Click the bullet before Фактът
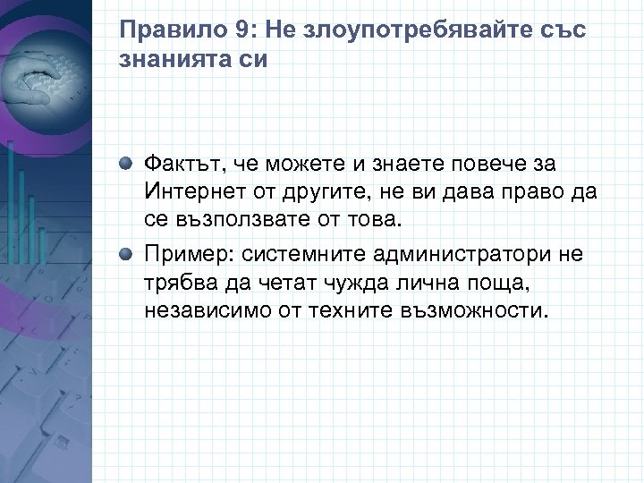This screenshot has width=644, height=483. pos(129,165)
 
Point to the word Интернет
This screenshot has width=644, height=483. pos(188,193)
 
